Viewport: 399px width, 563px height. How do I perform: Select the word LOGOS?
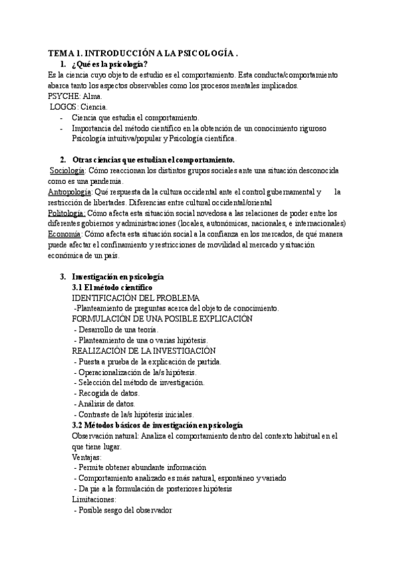point(64,107)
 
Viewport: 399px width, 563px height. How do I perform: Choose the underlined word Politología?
point(66,213)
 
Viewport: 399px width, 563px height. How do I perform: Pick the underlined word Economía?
point(64,234)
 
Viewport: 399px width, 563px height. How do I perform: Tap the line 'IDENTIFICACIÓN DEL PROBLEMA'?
point(136,299)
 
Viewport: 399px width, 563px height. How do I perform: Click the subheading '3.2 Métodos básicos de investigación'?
point(157,425)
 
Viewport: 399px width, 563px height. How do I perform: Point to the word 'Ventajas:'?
point(86,457)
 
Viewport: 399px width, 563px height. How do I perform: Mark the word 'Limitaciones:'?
point(93,499)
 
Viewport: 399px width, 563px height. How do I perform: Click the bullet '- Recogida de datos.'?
point(106,393)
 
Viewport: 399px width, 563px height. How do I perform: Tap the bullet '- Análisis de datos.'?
point(104,404)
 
